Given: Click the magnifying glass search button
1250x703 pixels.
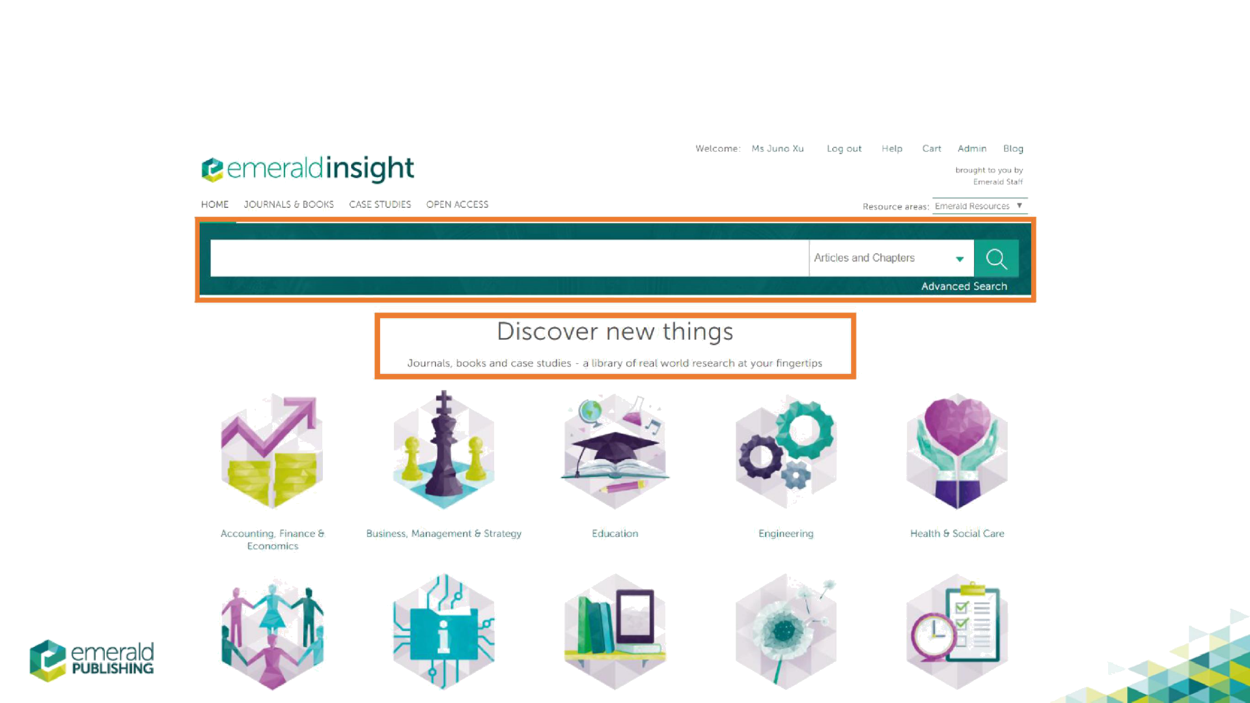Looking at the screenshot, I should pos(996,258).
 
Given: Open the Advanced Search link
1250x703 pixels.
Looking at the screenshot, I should pos(964,286).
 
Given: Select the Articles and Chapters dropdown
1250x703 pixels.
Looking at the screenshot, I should pos(890,258).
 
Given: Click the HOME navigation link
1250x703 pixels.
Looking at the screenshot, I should pos(214,204).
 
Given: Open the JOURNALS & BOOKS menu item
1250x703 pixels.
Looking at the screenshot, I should pos(288,204).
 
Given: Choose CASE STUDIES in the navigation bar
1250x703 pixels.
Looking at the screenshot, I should pos(380,204).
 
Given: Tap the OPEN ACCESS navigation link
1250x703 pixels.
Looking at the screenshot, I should pos(457,204).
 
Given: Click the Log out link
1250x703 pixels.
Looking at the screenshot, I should pos(844,148).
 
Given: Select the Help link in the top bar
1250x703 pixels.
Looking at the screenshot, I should pos(892,148).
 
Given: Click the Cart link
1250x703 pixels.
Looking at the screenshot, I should pos(932,148).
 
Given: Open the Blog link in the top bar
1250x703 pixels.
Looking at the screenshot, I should pos(1013,148).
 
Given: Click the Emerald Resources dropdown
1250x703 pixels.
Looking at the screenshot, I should pos(979,206).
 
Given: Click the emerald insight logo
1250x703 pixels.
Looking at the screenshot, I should pos(308,169).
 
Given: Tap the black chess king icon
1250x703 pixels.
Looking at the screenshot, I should pos(443,449).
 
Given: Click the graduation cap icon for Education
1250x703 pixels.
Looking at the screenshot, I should pos(615,449).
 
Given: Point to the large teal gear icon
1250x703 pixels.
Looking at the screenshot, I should pos(805,427).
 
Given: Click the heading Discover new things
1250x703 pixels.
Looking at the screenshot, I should pos(615,332).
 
